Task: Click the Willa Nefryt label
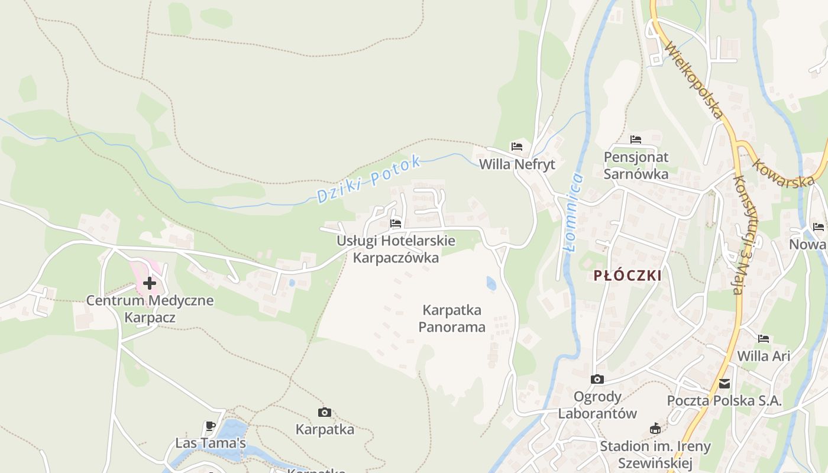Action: [x=517, y=164]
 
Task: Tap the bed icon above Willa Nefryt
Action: [x=517, y=147]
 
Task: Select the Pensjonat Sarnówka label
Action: [x=636, y=166]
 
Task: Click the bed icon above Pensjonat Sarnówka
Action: [x=636, y=140]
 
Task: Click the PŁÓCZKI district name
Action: [x=627, y=276]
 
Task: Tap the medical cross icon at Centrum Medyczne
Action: [x=150, y=283]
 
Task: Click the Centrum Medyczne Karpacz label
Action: [x=150, y=309]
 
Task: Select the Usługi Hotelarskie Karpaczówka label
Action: [x=396, y=249]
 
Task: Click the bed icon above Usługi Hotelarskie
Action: [x=396, y=223]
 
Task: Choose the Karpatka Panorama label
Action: [x=452, y=318]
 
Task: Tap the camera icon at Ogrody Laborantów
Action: [x=597, y=379]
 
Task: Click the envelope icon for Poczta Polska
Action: [x=724, y=384]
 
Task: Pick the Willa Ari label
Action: [x=764, y=356]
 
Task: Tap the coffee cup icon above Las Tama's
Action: [x=210, y=426]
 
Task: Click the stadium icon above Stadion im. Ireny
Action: [x=655, y=429]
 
